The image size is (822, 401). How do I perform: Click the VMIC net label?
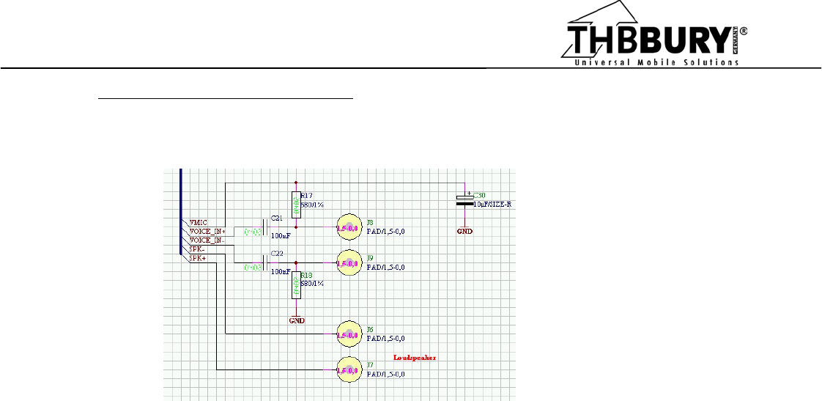click(x=199, y=222)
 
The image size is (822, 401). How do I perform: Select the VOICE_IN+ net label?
click(x=207, y=231)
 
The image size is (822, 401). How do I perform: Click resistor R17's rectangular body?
click(x=295, y=204)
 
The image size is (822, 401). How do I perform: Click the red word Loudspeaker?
click(x=415, y=358)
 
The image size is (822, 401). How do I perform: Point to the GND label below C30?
click(x=465, y=231)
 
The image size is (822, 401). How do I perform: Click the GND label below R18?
click(x=296, y=320)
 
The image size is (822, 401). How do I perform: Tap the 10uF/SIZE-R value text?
click(x=492, y=205)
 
